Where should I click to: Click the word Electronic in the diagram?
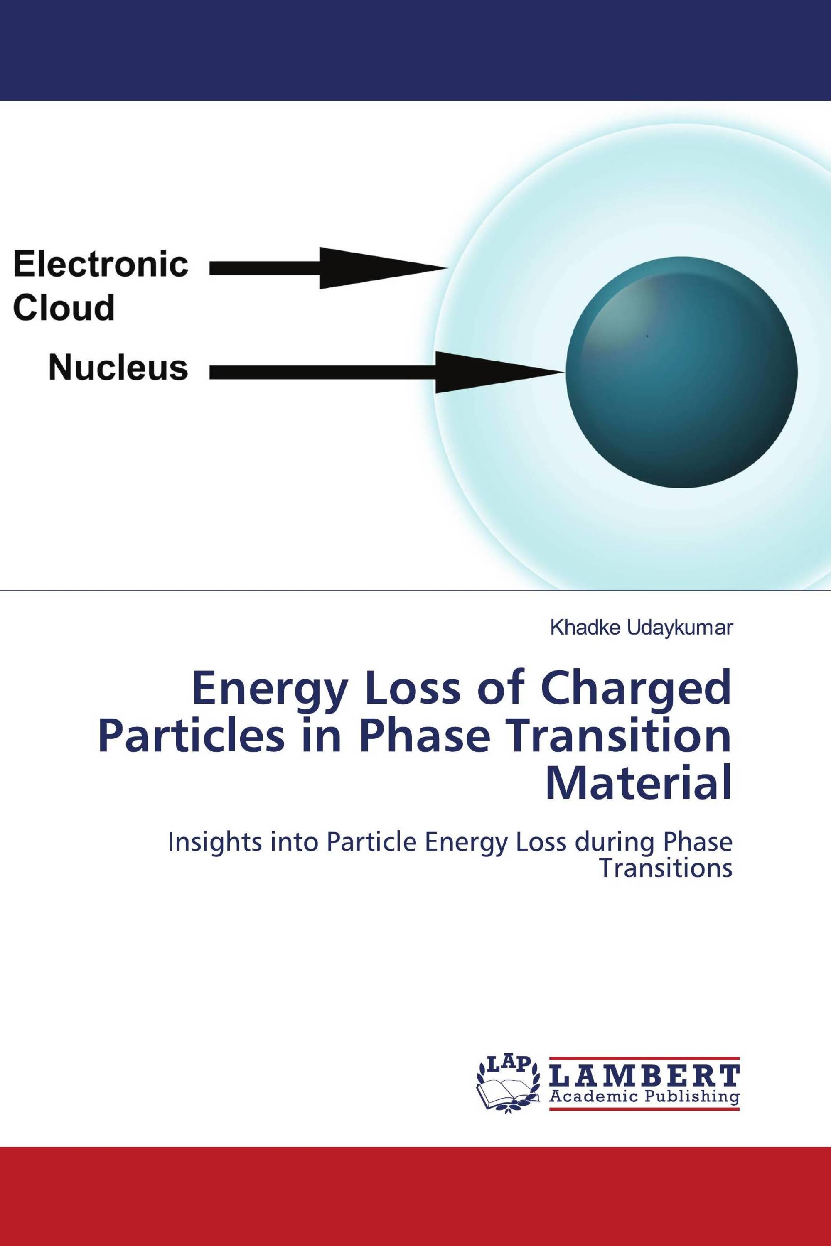click(x=101, y=265)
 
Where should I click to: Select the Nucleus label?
click(x=118, y=368)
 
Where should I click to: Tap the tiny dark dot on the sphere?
click(x=647, y=335)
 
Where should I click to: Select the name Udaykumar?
click(x=680, y=628)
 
